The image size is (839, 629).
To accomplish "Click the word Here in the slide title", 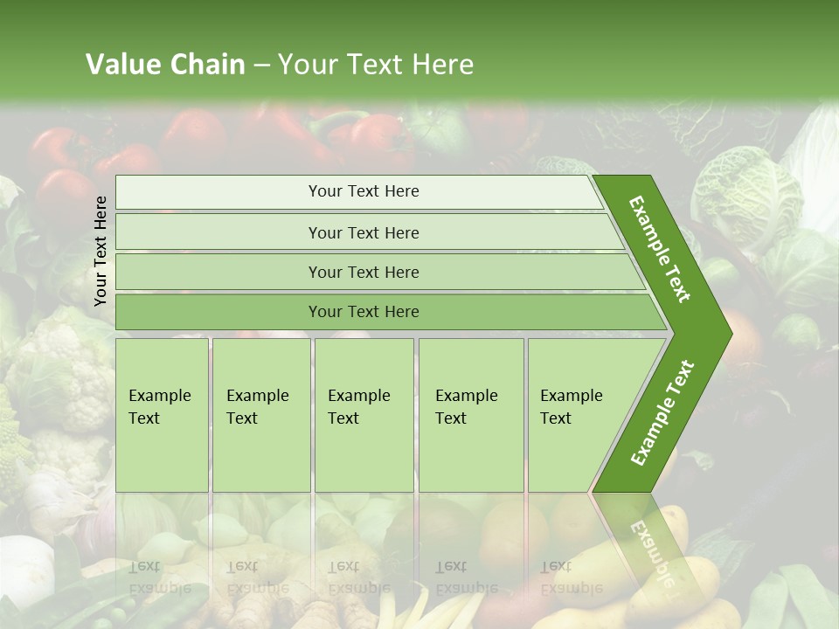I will [x=442, y=65].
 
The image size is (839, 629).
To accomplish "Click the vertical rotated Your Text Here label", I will [x=101, y=251].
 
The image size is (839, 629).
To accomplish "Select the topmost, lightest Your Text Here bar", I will [x=363, y=191].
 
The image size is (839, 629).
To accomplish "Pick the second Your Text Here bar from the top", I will [x=363, y=232].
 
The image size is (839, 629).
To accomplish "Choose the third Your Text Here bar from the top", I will [x=363, y=272].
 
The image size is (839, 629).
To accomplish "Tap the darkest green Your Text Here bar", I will [x=363, y=312].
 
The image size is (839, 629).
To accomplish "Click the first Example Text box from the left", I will [x=162, y=414].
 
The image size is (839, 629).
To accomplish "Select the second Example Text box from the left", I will [x=260, y=414].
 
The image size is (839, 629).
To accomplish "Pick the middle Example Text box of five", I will [x=364, y=414].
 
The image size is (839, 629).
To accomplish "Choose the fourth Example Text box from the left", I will [x=471, y=414].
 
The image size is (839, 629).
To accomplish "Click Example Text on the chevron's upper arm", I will [x=660, y=249].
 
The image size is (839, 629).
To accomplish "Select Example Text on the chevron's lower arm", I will [x=662, y=413].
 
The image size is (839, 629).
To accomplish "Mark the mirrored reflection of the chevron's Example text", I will [x=651, y=546].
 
